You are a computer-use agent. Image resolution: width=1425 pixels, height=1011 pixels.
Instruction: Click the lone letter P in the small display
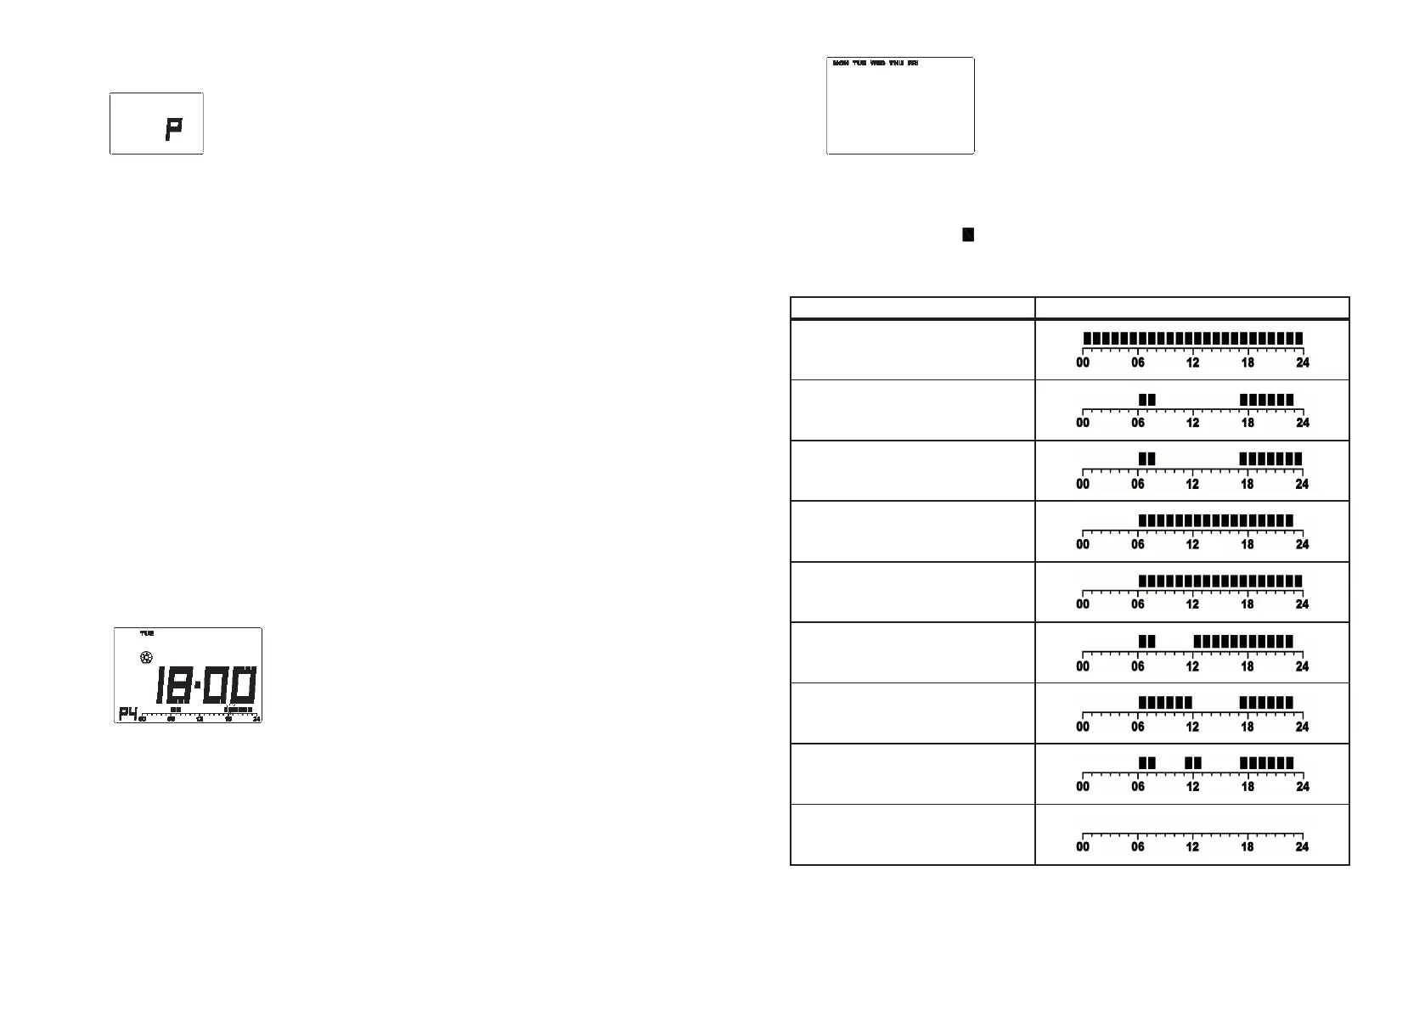coord(173,129)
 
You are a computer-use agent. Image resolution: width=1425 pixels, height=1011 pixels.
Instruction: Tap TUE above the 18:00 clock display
coord(147,633)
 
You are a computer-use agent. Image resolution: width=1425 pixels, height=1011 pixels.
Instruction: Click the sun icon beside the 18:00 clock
coord(146,658)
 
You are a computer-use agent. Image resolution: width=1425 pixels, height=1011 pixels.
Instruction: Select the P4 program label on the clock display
coord(127,713)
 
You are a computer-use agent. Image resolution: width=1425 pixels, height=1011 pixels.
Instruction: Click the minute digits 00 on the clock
coord(228,685)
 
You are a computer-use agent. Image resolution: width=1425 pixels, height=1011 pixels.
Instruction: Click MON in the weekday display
coord(841,64)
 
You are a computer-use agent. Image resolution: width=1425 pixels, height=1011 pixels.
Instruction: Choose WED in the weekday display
coord(878,64)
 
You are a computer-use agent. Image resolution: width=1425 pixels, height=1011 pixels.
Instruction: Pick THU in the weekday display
coord(897,64)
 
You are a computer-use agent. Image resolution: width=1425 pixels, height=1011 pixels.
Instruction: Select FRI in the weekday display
coord(913,64)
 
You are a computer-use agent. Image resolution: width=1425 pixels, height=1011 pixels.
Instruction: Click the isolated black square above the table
coord(967,234)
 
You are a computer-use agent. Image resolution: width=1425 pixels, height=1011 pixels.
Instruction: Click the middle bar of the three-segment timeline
coord(1193,763)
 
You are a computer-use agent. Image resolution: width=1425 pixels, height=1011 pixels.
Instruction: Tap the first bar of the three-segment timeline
coord(1147,763)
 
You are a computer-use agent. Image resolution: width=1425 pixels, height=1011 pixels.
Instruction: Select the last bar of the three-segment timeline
coord(1266,763)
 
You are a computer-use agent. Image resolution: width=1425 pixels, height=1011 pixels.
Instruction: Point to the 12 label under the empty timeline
coord(1192,847)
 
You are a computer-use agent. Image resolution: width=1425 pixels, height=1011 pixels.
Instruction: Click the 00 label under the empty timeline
coord(1083,847)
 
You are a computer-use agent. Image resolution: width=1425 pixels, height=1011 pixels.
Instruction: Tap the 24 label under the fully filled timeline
coord(1302,363)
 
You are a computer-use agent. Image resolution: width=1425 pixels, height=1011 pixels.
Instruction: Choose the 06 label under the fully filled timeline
coord(1138,363)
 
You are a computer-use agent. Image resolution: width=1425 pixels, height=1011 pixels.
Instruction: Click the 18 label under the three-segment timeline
coord(1248,787)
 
